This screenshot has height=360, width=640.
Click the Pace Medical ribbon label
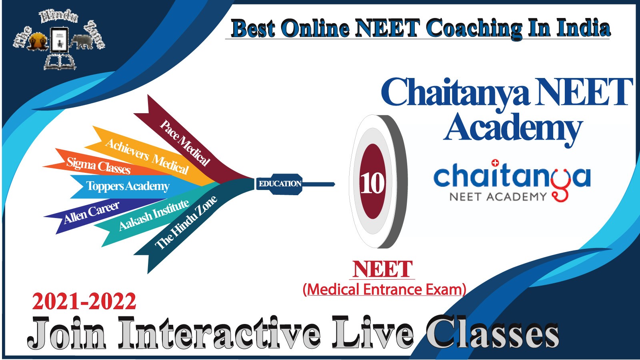(185, 143)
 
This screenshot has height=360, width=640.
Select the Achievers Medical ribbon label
(147, 156)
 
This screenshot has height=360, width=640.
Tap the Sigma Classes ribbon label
(98, 166)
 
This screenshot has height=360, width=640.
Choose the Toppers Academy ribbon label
(128, 186)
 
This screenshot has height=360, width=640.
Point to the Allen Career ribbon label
(92, 212)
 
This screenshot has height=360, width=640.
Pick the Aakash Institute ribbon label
(154, 214)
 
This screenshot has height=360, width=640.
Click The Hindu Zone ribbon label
(186, 222)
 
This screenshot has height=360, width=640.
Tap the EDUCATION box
(279, 184)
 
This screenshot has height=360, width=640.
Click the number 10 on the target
(372, 183)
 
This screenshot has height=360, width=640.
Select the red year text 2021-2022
(84, 302)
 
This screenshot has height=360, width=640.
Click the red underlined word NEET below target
(382, 269)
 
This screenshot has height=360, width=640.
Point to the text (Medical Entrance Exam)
(384, 290)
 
